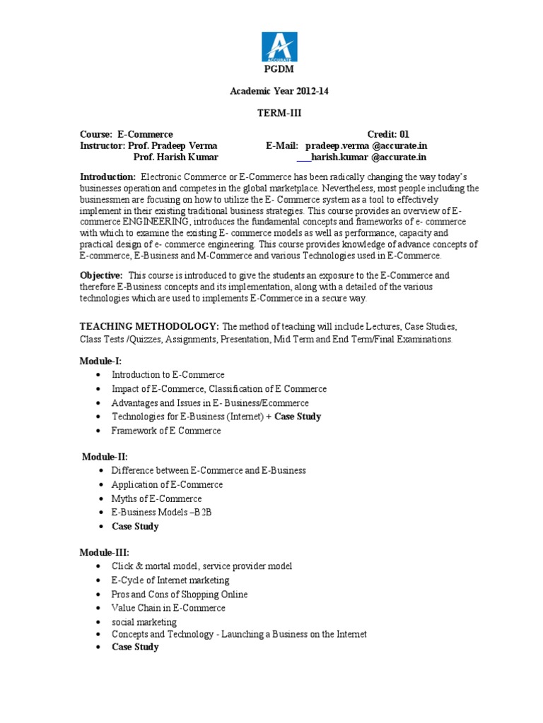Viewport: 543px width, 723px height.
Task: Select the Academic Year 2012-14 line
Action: [280, 91]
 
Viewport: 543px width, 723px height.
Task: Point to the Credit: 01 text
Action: [388, 134]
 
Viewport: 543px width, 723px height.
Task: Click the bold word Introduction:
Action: [107, 177]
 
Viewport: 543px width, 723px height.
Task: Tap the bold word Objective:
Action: [101, 275]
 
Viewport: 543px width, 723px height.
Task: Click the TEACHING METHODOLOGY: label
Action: [149, 327]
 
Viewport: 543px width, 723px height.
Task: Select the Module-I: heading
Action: [100, 361]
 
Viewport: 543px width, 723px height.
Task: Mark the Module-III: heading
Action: [104, 552]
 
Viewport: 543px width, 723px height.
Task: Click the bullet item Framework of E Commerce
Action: [166, 431]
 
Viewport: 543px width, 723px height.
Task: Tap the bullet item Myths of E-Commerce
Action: [156, 498]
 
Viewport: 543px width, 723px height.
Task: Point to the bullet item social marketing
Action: [144, 621]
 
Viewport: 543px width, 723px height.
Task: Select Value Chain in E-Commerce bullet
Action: [168, 607]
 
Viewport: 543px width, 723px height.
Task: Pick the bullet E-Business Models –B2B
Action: [161, 512]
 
